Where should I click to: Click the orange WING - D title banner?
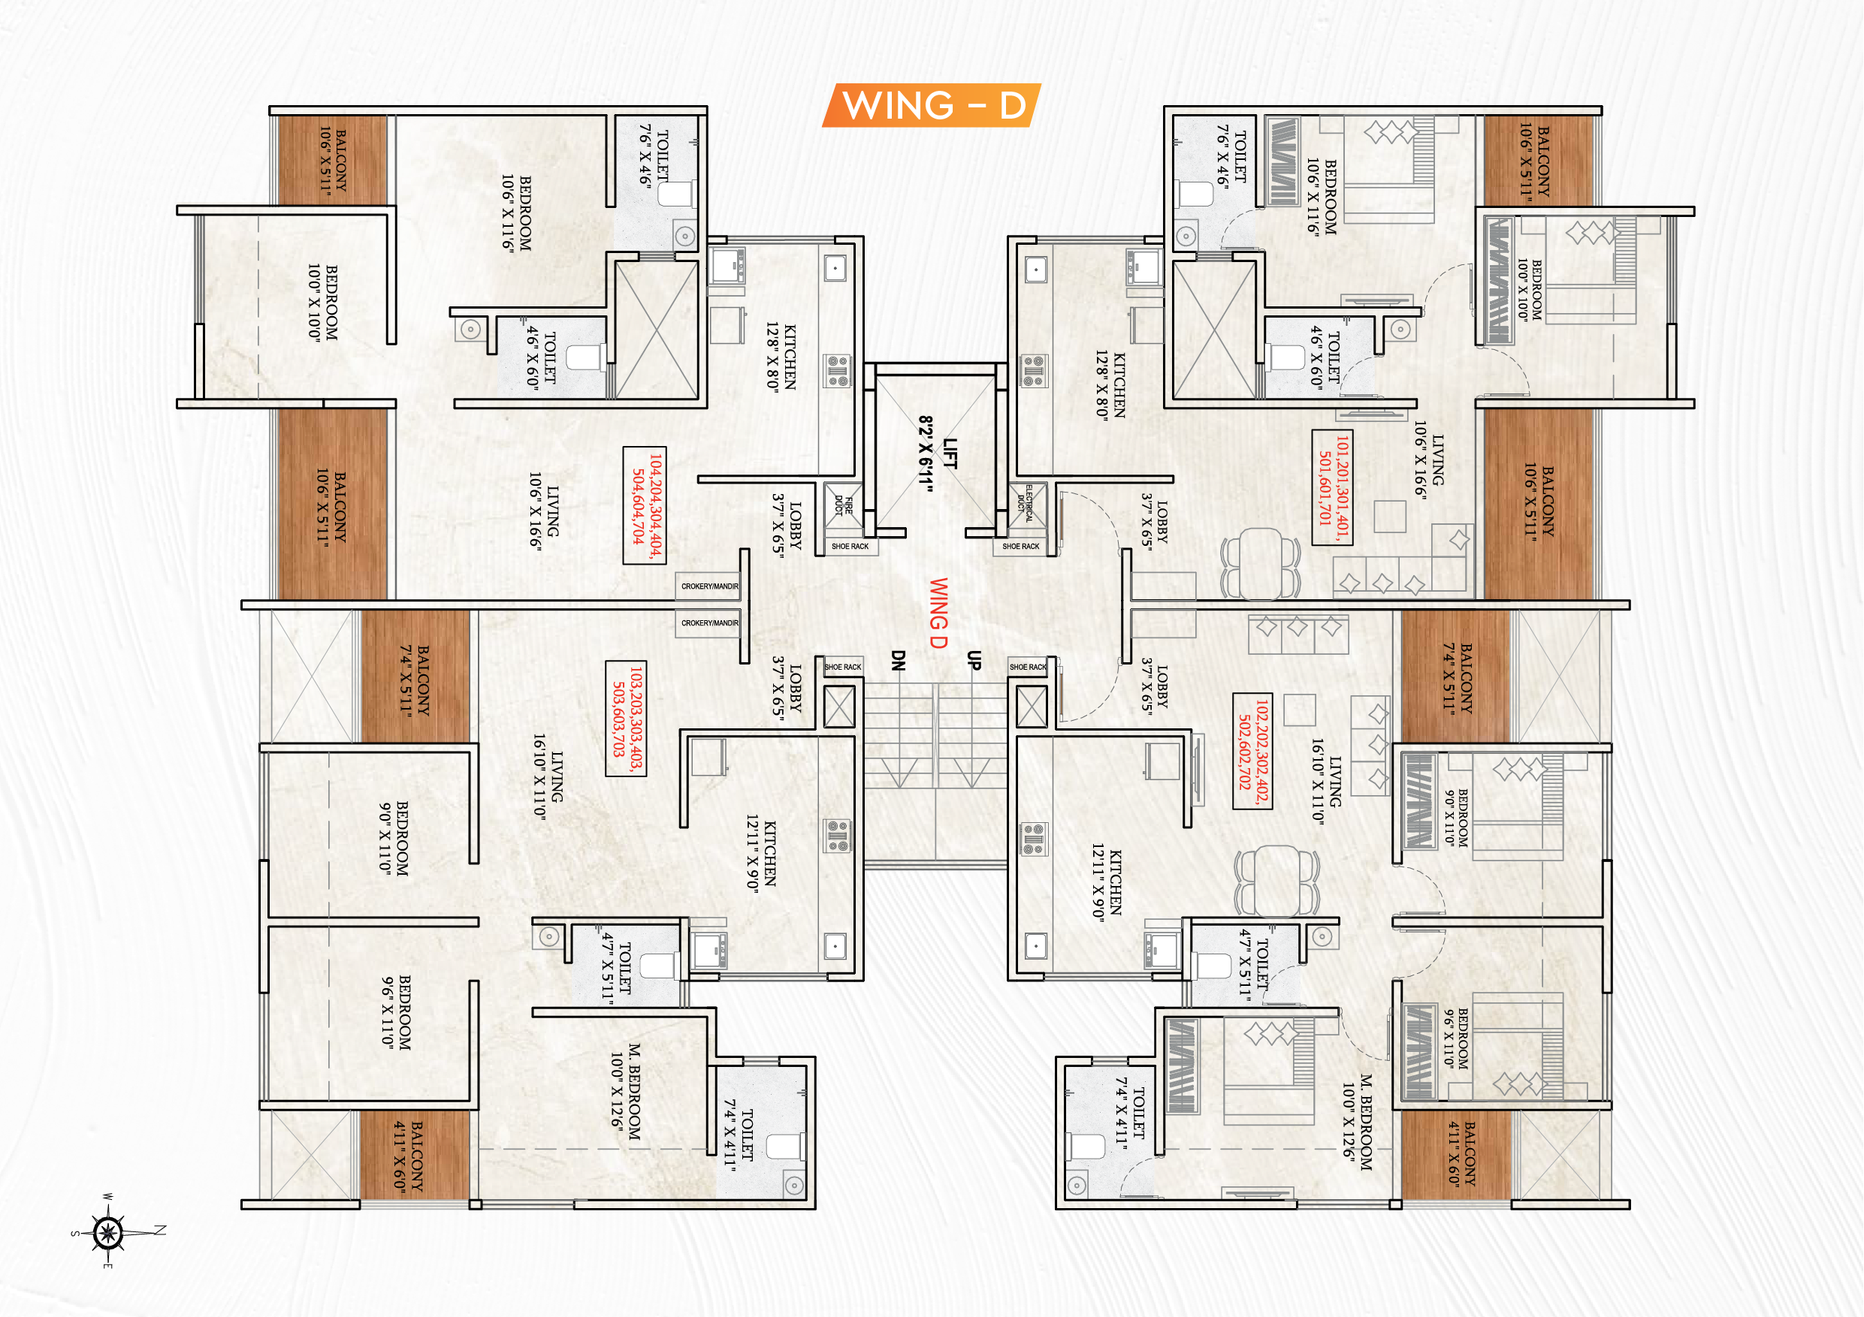pos(931,105)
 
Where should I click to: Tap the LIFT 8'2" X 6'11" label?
pos(938,454)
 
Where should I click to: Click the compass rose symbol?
pos(109,1234)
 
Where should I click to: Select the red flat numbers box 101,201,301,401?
pos(1332,488)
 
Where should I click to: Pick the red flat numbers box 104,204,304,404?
pos(645,505)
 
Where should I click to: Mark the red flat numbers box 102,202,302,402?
pos(1252,751)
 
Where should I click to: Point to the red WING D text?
pos(938,613)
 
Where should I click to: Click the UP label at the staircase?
pos(974,661)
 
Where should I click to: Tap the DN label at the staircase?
pos(897,661)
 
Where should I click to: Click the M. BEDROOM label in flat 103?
pos(625,1092)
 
